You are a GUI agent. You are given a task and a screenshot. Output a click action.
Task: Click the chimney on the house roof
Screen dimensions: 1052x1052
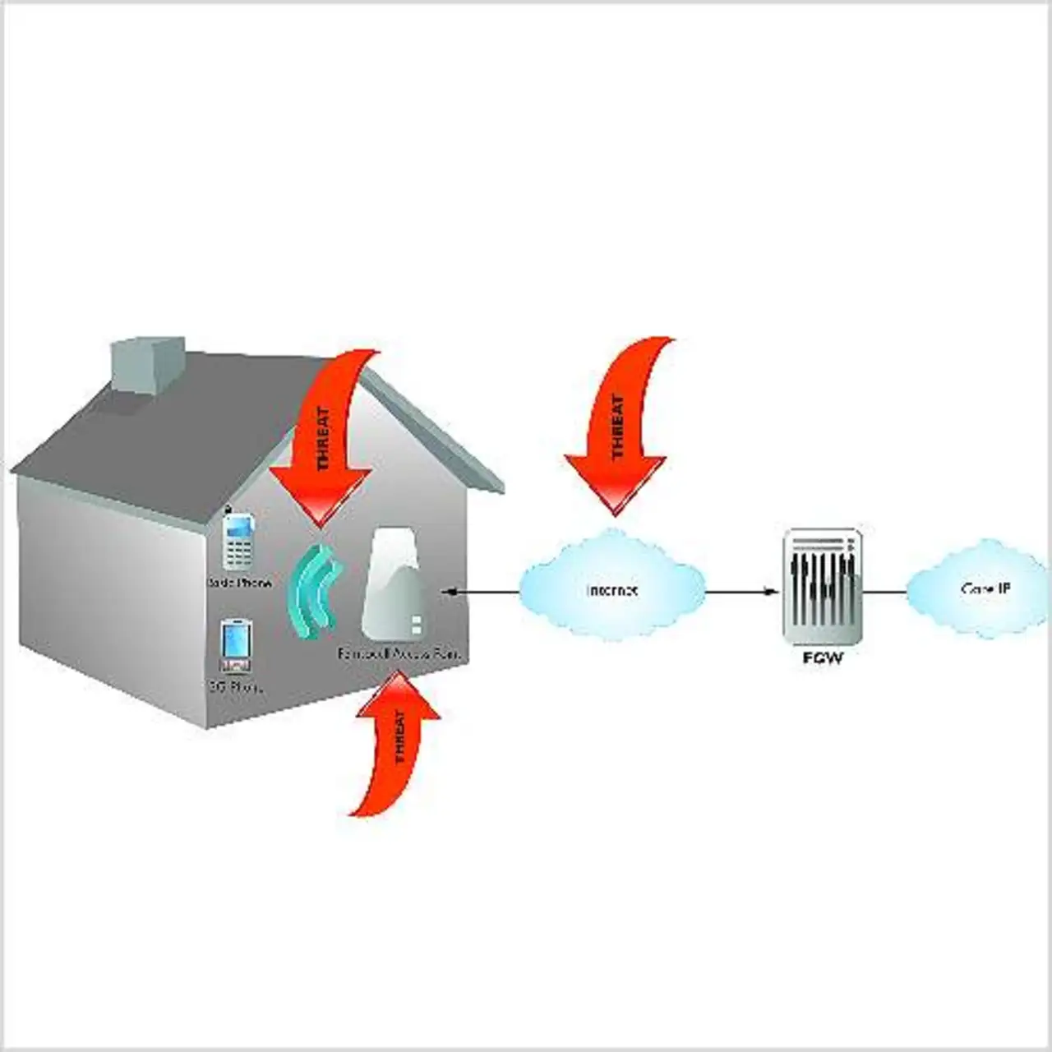[x=146, y=363]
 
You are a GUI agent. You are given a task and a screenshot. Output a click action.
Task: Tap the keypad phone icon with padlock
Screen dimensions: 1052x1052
[x=239, y=542]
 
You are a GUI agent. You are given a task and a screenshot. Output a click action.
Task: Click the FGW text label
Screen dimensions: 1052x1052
[x=823, y=658]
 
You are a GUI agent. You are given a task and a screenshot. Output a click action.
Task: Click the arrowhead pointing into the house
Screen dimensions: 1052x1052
[x=447, y=591]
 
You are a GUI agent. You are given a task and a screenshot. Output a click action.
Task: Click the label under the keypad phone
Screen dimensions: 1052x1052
[x=239, y=582]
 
